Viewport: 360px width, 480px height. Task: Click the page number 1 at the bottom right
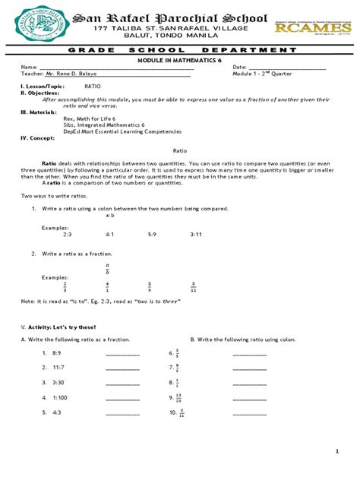tap(336, 451)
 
